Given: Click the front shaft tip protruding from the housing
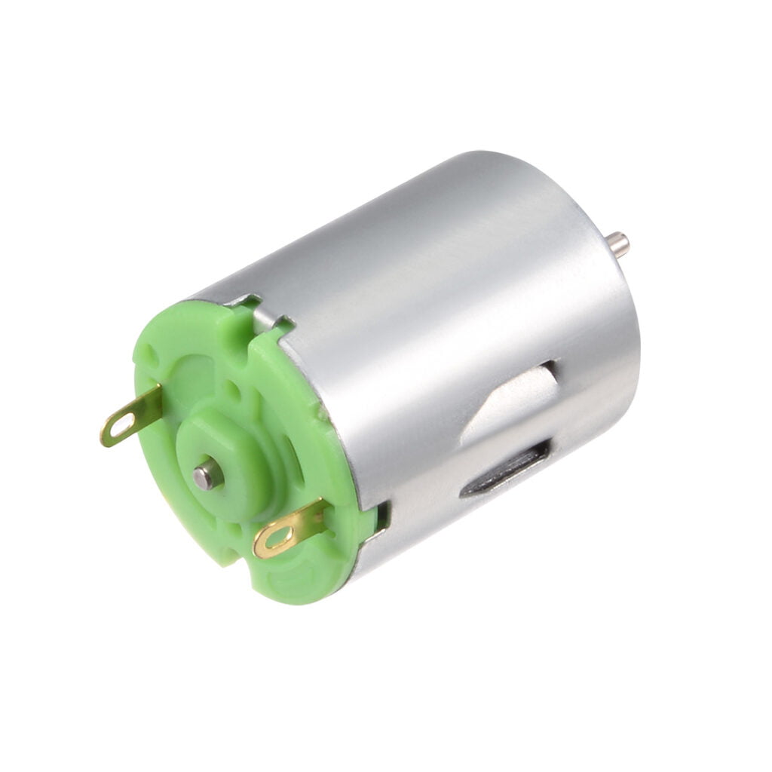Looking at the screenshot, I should [619, 244].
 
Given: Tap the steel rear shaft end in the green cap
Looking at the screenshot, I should [206, 476].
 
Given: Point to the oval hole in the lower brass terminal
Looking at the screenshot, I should [277, 538].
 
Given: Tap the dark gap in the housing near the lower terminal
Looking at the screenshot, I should [383, 516].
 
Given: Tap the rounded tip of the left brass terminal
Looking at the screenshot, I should [108, 435].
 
